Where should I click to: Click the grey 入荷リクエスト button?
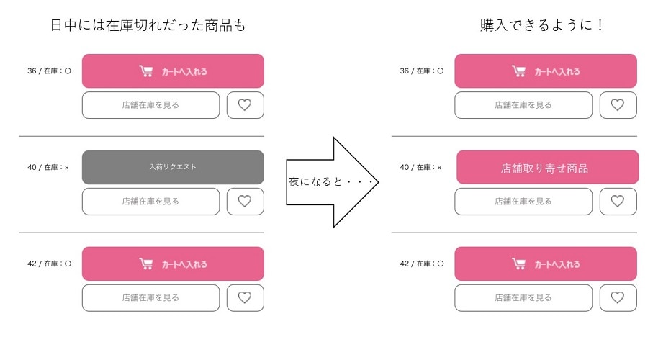(173, 167)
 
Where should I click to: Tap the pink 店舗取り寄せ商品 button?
(548, 167)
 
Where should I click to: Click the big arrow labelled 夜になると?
(333, 182)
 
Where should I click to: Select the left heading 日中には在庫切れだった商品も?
(148, 25)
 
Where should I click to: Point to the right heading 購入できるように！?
(541, 24)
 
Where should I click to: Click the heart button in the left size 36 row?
(246, 105)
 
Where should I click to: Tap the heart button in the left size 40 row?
(246, 201)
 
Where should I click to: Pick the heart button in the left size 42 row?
(246, 297)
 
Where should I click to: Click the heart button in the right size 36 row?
(618, 105)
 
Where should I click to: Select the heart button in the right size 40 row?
(618, 201)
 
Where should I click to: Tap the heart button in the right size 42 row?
(618, 297)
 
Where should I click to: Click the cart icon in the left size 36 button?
(146, 71)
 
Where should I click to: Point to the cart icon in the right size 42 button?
(518, 264)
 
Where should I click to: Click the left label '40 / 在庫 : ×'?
(48, 167)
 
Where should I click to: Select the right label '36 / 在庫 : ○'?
(421, 71)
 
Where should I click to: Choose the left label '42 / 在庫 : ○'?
(49, 264)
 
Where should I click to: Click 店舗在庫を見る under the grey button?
(150, 201)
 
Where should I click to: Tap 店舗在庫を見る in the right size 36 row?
(523, 105)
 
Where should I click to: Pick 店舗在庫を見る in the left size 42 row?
(150, 297)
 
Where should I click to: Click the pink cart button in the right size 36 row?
(546, 71)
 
